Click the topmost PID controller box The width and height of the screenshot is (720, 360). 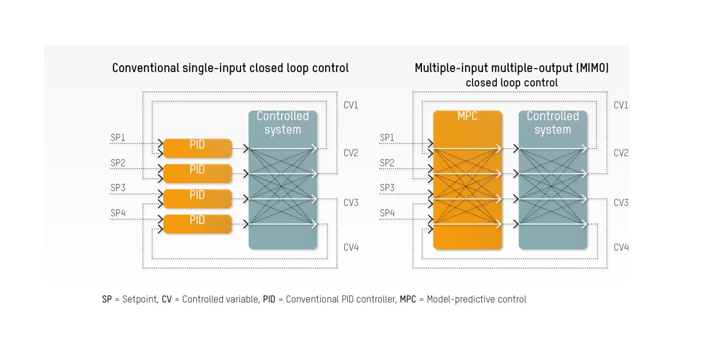(197, 148)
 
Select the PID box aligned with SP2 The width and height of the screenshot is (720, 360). (197, 173)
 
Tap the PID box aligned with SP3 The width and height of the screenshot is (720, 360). (197, 198)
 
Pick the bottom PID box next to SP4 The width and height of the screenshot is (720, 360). (197, 224)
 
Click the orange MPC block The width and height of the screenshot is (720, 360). (467, 180)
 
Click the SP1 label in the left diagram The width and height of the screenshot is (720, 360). (118, 137)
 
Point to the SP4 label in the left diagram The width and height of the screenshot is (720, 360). (118, 213)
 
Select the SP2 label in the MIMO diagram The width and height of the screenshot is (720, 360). (387, 162)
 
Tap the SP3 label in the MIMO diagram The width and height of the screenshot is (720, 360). (387, 188)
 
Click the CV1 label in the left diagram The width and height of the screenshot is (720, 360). (351, 105)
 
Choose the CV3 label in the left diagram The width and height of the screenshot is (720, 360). (351, 203)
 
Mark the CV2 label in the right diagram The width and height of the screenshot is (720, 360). (621, 153)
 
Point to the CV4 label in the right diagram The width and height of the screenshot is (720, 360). (621, 247)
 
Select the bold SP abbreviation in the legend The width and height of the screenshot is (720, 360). (107, 299)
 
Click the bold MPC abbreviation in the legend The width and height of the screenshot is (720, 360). (408, 299)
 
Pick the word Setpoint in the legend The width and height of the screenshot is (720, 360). (140, 299)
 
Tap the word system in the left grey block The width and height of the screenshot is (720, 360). (283, 130)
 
